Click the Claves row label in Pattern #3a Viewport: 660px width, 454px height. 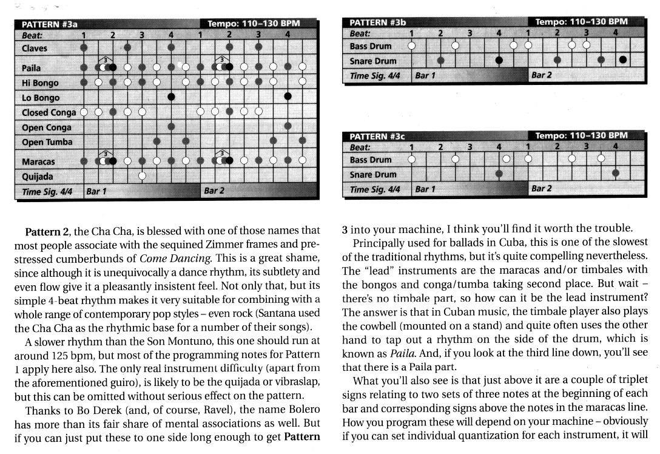34,48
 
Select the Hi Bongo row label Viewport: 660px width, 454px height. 40,83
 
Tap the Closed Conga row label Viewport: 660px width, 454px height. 49,112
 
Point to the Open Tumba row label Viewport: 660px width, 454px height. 47,142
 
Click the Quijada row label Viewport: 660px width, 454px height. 37,177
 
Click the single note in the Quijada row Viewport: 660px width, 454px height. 142,176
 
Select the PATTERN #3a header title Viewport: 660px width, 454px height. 50,25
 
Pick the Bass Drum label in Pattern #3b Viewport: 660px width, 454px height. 371,46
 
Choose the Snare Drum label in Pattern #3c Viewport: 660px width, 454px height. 373,175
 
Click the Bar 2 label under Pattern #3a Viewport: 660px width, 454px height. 214,191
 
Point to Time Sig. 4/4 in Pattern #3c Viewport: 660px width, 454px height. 375,189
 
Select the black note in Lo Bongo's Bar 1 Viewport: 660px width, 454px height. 172,97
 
